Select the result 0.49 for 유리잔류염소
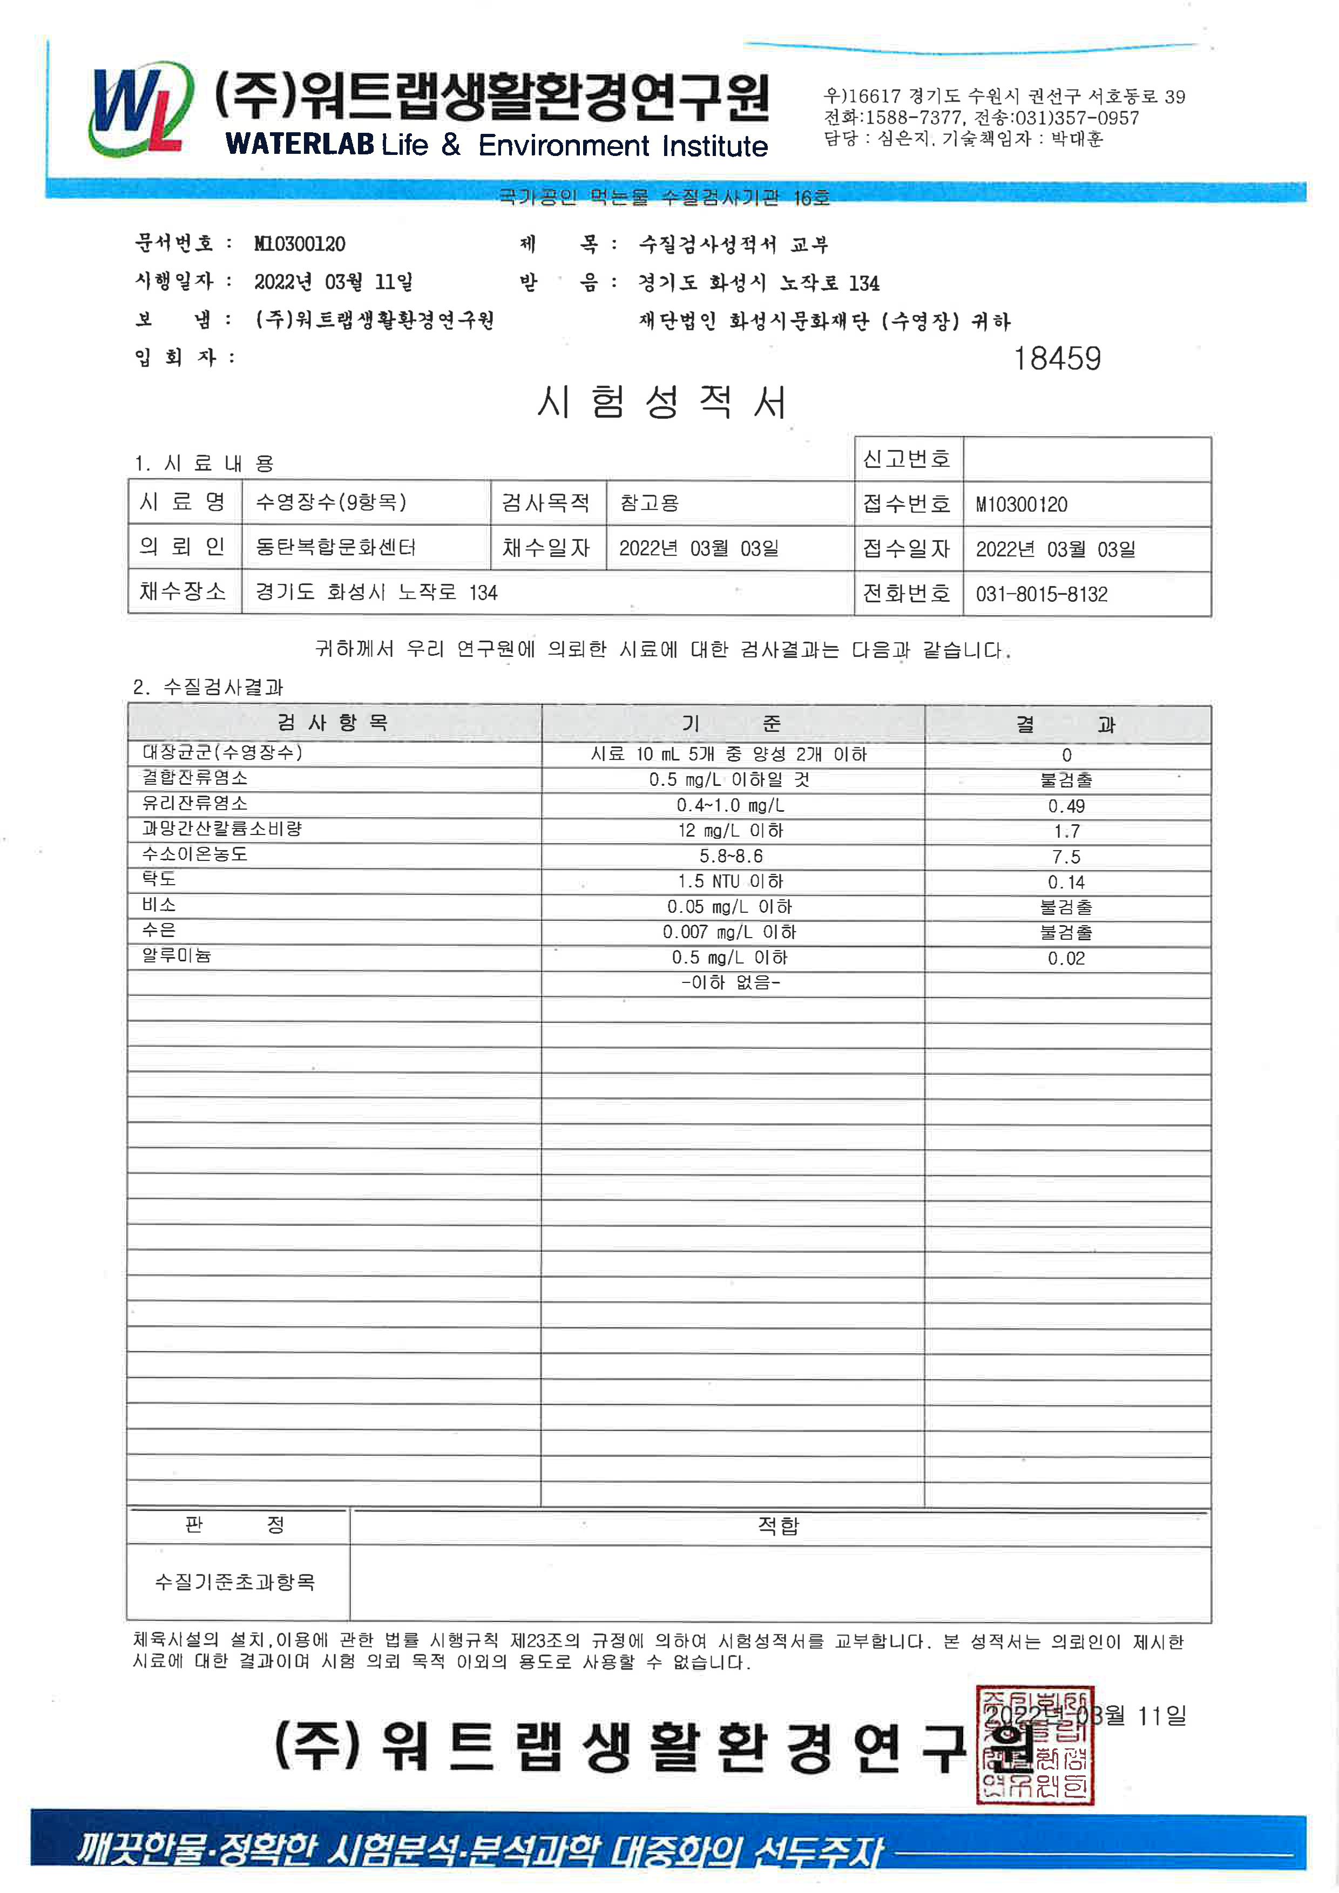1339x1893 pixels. tap(1066, 806)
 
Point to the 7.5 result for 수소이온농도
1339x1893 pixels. tap(1066, 857)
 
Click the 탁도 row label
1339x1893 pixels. tap(159, 880)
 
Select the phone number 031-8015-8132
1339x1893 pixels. tap(1042, 594)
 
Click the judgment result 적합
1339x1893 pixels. tap(779, 1526)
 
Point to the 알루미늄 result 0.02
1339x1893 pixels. tap(1066, 958)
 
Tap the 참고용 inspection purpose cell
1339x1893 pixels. tap(649, 503)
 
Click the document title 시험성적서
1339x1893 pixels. tap(662, 402)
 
